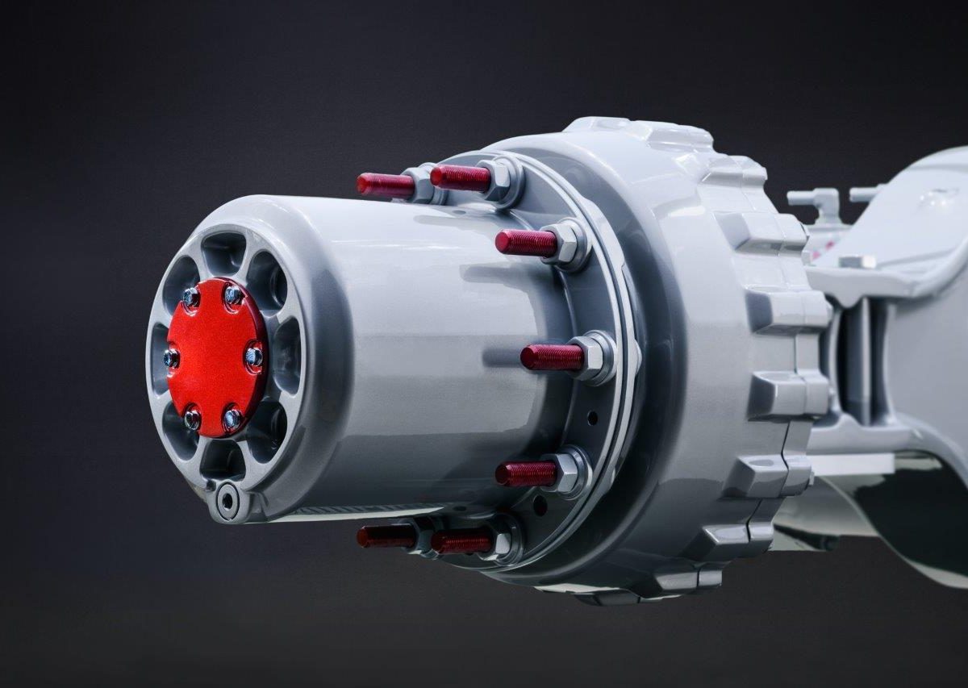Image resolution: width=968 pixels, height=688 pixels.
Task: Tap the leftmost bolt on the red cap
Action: [172, 357]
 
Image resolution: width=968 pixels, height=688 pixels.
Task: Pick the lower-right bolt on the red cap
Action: [232, 417]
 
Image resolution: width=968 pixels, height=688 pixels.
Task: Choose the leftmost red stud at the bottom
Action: [385, 536]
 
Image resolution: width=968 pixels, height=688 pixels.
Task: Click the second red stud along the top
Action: [460, 178]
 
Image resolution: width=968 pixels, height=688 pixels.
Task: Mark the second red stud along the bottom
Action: [461, 541]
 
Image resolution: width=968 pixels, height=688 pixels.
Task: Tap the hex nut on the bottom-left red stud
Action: [423, 534]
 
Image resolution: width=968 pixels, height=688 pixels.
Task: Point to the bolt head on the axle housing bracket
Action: [856, 261]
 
